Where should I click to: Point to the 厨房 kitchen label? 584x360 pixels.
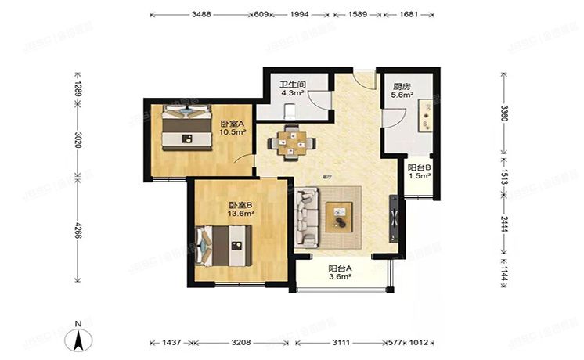click(402, 88)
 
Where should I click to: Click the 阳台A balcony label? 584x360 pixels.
click(339, 271)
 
